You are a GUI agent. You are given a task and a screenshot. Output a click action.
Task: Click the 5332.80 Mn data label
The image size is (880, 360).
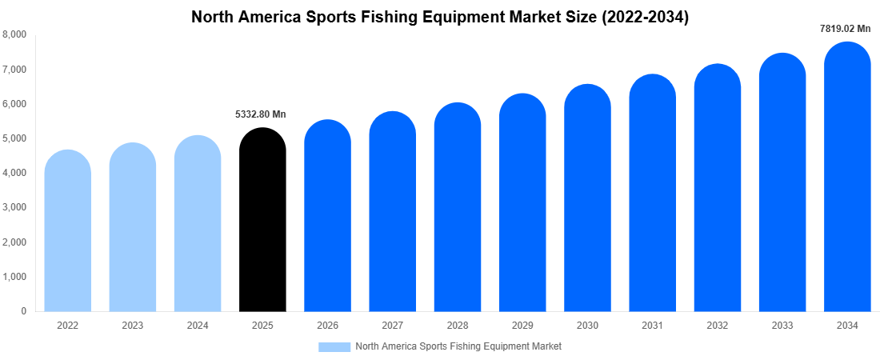pos(260,114)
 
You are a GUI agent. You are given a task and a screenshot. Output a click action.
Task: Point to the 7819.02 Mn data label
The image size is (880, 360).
pos(845,29)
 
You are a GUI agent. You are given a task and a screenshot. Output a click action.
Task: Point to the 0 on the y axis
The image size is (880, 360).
pos(23,311)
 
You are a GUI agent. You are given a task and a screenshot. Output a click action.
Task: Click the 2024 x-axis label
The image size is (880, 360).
pos(198,326)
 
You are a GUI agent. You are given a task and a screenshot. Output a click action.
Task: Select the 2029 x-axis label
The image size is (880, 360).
pos(522,326)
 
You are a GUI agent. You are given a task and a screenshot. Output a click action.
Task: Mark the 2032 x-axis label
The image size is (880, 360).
pos(717,326)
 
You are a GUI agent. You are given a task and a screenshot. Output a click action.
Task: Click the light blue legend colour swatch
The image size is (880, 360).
pos(334,346)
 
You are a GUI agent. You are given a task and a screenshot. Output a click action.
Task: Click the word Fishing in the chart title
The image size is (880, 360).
pos(398,15)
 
